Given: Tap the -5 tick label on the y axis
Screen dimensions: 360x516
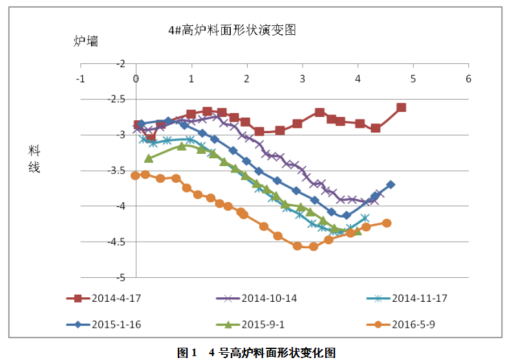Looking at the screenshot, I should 121,277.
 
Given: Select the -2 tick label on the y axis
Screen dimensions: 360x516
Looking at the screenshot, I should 121,64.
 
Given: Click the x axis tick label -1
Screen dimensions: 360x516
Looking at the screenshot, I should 80,78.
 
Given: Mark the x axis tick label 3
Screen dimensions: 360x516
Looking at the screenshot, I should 303,78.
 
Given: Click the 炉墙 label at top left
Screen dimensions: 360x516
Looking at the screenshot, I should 86,41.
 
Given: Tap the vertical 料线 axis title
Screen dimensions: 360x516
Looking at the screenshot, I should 34,159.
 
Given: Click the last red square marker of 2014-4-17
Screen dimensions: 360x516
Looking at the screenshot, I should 402,107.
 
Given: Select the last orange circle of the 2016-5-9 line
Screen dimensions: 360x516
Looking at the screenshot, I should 387,223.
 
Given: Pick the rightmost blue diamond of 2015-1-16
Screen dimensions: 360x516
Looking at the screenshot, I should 391,185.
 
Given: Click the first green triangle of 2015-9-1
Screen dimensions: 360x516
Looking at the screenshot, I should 148,158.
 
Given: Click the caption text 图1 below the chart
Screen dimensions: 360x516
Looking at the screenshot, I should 187,353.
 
